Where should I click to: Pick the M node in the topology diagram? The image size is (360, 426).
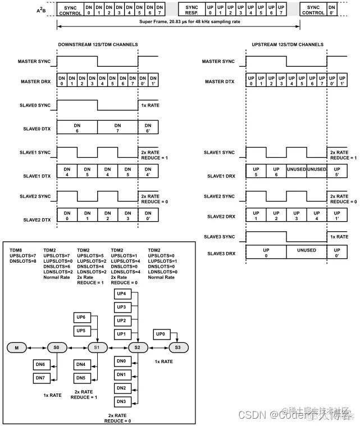click(16, 348)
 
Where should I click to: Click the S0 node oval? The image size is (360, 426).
click(56, 348)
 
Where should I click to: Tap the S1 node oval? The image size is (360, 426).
click(97, 348)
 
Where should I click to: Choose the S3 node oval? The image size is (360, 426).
click(177, 348)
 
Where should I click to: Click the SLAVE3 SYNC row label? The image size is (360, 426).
click(218, 237)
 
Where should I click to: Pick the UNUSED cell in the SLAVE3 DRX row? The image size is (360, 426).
click(307, 251)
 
